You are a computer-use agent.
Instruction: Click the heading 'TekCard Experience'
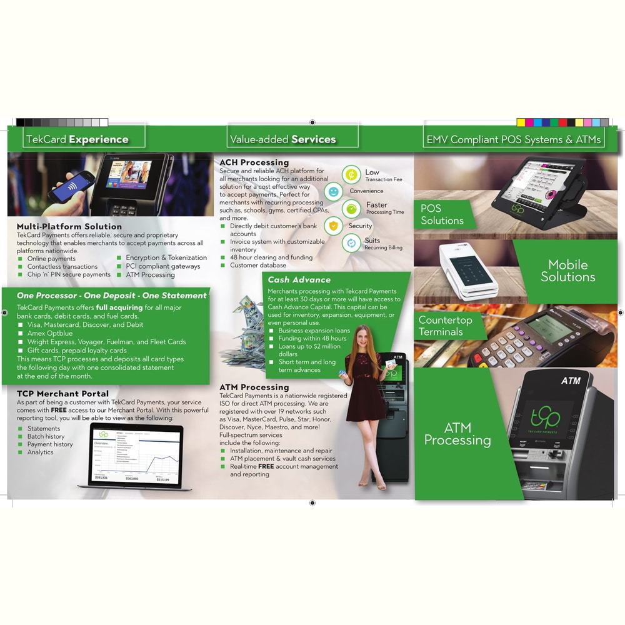(77, 139)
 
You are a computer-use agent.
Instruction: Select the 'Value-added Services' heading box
(283, 139)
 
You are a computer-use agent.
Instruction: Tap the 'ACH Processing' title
(254, 162)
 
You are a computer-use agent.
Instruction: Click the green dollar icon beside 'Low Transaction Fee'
(351, 174)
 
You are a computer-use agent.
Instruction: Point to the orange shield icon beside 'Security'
(334, 226)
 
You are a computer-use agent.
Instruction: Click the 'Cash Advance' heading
(299, 280)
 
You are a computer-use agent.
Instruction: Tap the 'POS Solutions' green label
(442, 214)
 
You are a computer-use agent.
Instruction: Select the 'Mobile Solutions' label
(567, 271)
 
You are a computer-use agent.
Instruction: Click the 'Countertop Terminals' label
(445, 326)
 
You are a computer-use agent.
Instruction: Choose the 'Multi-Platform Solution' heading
(69, 226)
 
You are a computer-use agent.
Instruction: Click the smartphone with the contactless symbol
(72, 187)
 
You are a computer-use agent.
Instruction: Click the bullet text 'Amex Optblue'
(50, 334)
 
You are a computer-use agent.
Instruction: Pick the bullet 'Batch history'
(46, 436)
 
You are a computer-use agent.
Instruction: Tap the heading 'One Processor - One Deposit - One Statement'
(112, 295)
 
